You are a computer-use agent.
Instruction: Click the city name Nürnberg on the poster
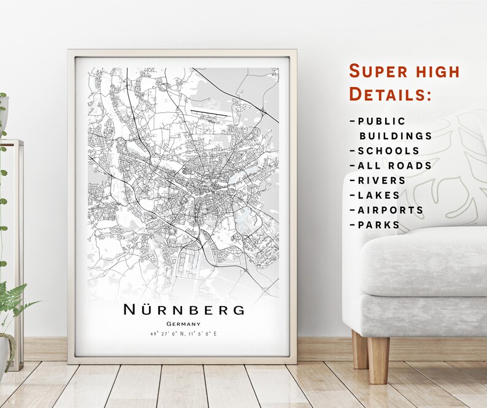[x=183, y=309]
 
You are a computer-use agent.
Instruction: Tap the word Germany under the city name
[x=183, y=324]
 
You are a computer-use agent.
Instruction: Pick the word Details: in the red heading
[x=391, y=95]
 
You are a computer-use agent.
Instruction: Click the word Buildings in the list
[x=396, y=136]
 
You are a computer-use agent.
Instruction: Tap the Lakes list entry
[x=378, y=195]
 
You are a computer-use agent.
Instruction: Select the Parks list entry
[x=378, y=225]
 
